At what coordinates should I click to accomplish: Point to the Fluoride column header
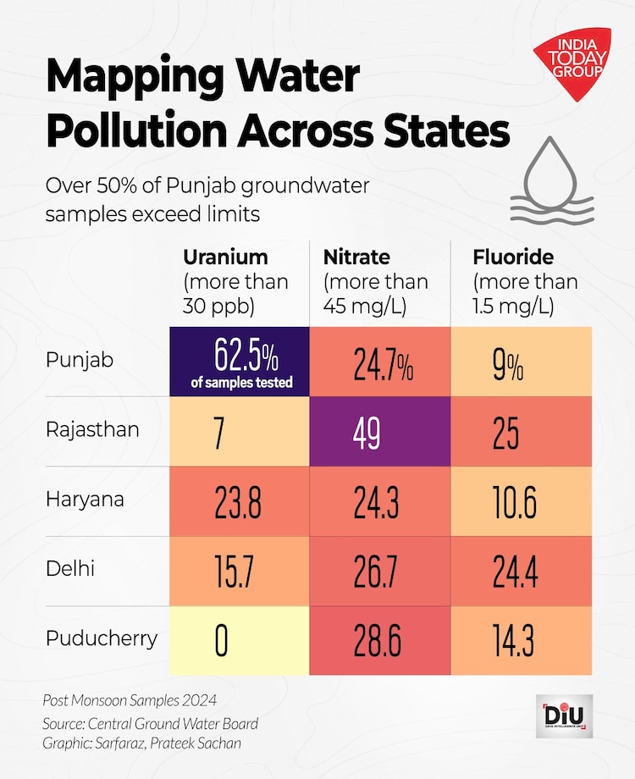513,257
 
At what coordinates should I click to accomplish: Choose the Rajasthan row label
91,430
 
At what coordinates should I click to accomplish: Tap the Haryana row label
85,500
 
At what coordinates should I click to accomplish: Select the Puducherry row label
102,638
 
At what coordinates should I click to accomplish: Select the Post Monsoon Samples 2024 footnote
130,700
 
